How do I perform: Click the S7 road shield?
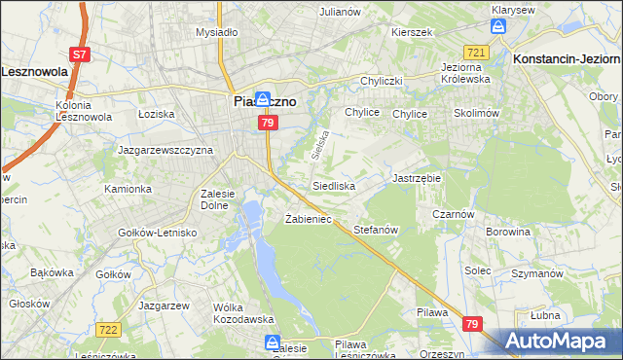coord(80,55)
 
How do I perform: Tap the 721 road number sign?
coord(475,52)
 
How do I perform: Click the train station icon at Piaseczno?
coord(248,86)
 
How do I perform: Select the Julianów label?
coord(341,12)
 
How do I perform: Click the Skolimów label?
coord(476,114)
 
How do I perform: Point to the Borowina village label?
coord(508,233)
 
